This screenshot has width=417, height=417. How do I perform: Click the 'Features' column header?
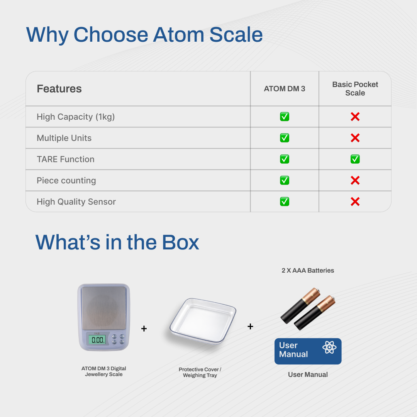click(x=59, y=89)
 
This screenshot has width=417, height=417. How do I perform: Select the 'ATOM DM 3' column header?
click(x=284, y=89)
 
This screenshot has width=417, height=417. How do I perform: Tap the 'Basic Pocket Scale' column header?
click(x=355, y=88)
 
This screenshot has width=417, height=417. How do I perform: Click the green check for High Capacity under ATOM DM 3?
click(x=285, y=117)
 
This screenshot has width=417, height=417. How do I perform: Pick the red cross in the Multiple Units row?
click(x=355, y=138)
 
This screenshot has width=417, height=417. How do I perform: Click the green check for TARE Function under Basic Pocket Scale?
click(x=355, y=159)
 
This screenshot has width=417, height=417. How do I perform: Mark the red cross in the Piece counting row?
click(x=355, y=180)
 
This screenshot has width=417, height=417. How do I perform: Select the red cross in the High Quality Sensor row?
click(x=355, y=202)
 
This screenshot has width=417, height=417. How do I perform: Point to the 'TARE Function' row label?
click(x=65, y=159)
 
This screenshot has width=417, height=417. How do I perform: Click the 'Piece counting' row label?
click(x=66, y=181)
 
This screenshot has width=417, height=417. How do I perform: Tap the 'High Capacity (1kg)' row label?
click(x=76, y=117)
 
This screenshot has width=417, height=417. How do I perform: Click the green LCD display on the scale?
click(x=97, y=339)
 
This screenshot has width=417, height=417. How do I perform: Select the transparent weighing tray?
click(x=203, y=320)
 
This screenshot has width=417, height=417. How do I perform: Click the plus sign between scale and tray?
click(x=144, y=329)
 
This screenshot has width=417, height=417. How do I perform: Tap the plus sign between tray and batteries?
click(x=250, y=326)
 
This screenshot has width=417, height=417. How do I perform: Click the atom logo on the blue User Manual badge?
click(x=329, y=347)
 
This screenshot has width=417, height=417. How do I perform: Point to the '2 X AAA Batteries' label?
click(x=308, y=270)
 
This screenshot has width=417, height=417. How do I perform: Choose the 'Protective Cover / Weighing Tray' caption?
click(x=200, y=372)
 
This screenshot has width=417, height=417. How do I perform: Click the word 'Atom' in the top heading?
click(x=179, y=35)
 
